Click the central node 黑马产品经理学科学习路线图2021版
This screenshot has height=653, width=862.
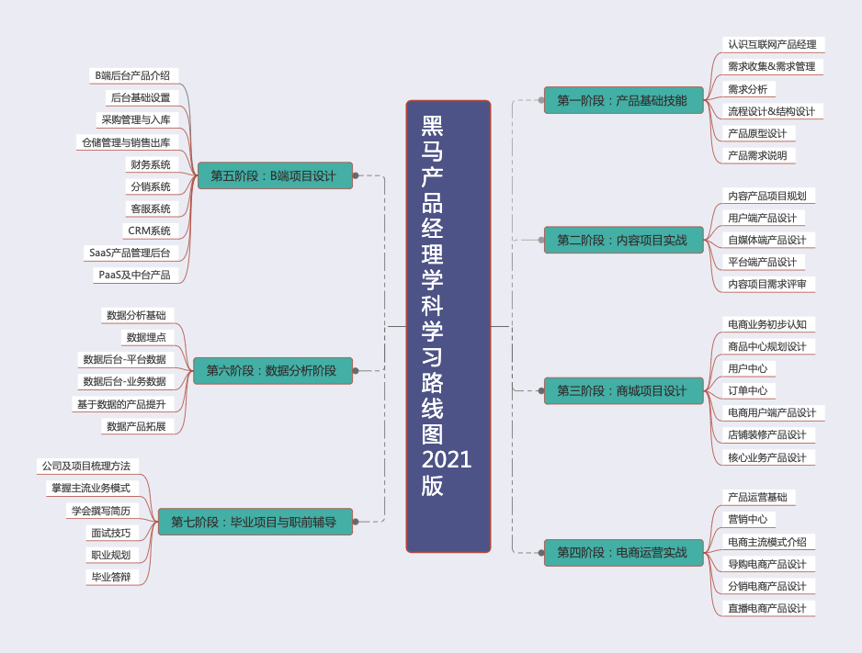click(448, 326)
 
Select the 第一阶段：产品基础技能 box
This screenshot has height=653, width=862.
click(621, 100)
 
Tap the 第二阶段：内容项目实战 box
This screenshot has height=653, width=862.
click(621, 241)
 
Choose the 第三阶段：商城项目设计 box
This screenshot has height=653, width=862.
click(621, 391)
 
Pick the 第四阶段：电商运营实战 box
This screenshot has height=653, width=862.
click(621, 553)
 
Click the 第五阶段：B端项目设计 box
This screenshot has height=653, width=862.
click(274, 175)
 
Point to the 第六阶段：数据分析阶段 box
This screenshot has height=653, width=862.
click(272, 371)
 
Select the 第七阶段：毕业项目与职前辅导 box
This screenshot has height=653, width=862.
click(255, 523)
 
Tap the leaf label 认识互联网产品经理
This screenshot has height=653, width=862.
click(771, 44)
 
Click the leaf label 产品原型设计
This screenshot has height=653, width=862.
click(756, 133)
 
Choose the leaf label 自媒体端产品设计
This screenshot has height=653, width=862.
click(766, 240)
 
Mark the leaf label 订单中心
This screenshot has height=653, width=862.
click(746, 390)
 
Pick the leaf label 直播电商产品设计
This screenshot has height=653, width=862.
click(766, 608)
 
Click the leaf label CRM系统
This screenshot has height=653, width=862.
click(148, 231)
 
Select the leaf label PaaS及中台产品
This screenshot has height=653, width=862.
click(133, 275)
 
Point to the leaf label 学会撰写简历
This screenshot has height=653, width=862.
click(100, 511)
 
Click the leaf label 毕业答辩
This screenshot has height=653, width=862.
click(110, 577)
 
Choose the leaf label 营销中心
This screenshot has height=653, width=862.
click(746, 519)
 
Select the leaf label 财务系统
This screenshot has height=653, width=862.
click(150, 164)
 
